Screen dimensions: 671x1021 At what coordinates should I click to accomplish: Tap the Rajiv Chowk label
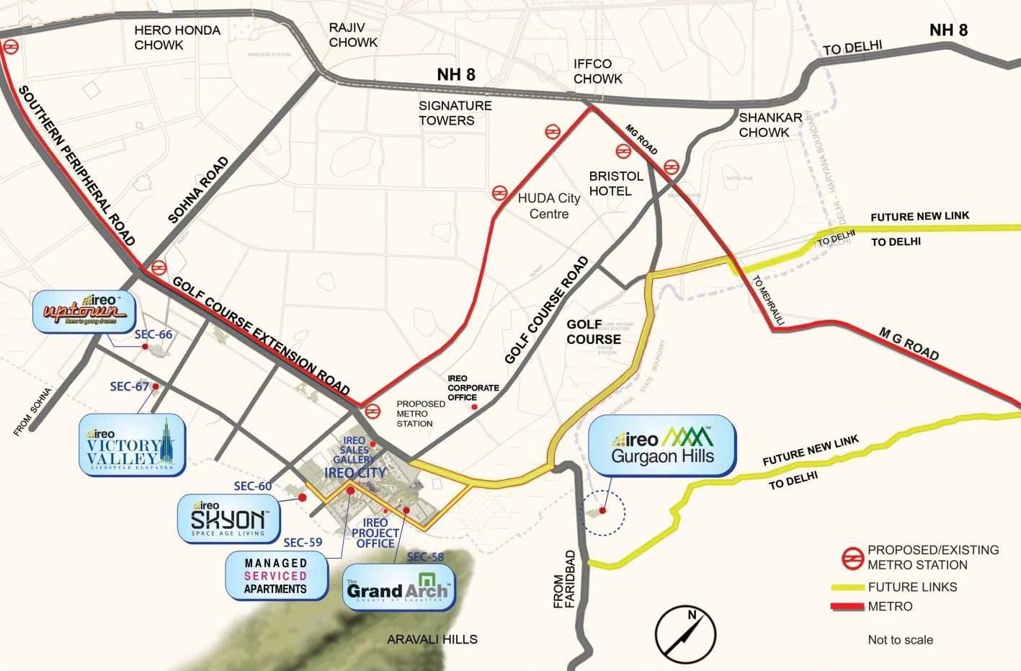tap(353, 35)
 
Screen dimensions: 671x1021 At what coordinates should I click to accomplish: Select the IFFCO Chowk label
tap(597, 71)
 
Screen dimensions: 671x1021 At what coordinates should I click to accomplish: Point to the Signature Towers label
tap(455, 113)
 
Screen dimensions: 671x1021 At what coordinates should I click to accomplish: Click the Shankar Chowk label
tap(770, 125)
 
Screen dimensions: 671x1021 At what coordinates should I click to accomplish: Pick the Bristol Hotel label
tap(615, 184)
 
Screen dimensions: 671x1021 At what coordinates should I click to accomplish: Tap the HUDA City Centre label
tap(548, 206)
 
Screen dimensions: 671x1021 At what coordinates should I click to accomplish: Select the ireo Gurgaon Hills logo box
tap(662, 447)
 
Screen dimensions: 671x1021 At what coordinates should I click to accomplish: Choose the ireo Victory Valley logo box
tap(133, 445)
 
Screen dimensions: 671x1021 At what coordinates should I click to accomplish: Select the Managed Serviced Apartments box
tap(275, 575)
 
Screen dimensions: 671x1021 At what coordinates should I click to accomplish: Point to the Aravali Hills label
tap(432, 639)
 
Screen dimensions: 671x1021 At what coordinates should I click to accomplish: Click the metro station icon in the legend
tap(852, 557)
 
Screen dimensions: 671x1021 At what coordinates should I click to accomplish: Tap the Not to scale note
tap(900, 639)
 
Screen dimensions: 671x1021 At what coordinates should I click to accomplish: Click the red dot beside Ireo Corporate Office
tap(474, 407)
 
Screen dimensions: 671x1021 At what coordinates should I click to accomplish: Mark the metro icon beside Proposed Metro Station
tap(373, 411)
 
